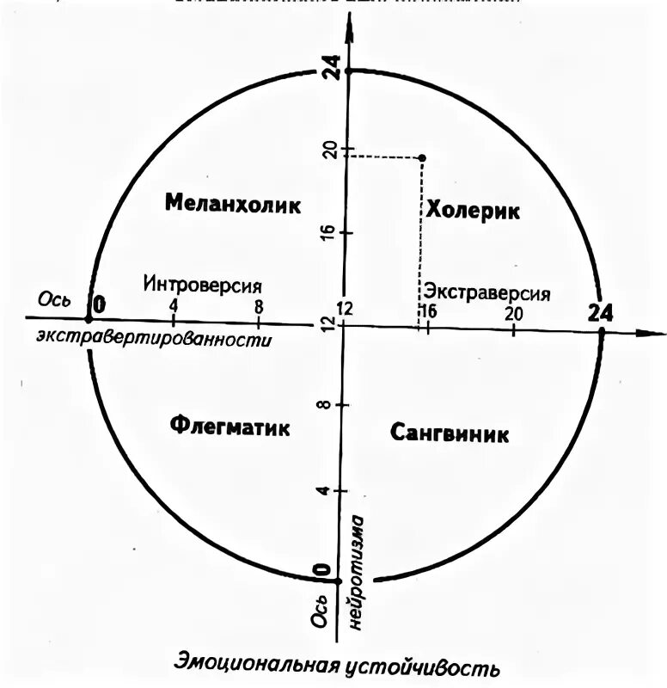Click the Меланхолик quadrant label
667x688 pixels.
coord(232,205)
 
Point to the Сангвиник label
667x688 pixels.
coord(449,433)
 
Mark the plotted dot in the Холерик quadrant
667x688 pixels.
coord(421,157)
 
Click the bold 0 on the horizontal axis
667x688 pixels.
coord(100,304)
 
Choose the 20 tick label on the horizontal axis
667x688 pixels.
coord(513,313)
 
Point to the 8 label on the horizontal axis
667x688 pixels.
coord(259,305)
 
